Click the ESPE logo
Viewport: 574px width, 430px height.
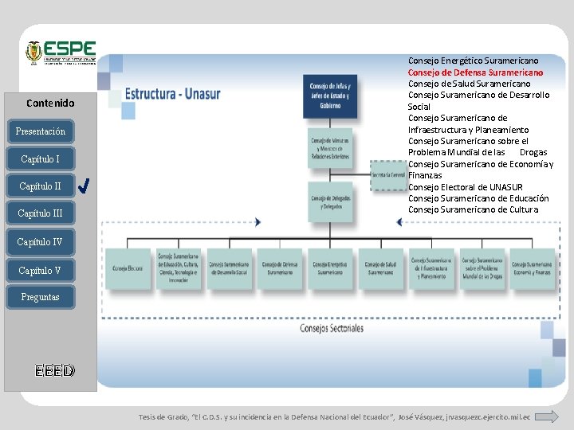pos(61,53)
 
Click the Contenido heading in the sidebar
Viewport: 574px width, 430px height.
pos(50,103)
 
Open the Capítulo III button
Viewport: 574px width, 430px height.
pos(40,213)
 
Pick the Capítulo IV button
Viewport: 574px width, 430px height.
pos(40,242)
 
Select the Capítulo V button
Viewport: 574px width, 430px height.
pos(40,271)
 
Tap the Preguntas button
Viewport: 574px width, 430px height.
pos(39,297)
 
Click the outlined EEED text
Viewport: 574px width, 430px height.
pos(54,370)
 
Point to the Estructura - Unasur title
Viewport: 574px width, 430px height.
pos(172,94)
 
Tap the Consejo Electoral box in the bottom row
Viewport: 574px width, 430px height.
pos(128,269)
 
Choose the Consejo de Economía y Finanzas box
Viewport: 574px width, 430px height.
pos(533,269)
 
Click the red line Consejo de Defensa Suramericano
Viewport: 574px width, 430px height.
pos(475,72)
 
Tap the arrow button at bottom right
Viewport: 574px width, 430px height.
pos(545,416)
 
